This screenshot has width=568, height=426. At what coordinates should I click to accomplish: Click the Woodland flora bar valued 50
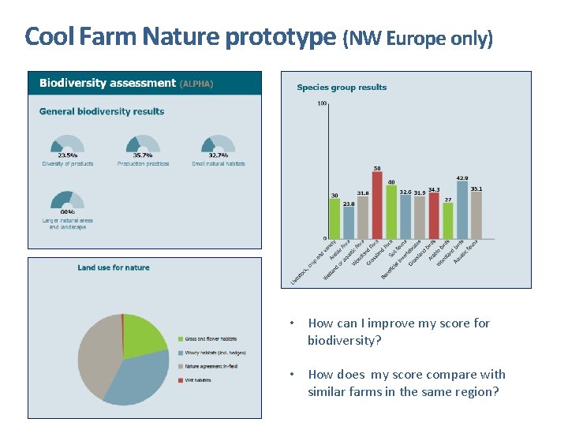click(377, 205)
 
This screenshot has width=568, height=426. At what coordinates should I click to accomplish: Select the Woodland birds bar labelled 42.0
click(462, 210)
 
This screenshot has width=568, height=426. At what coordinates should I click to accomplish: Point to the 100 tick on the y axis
click(322, 103)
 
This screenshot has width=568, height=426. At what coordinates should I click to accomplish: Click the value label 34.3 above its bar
click(434, 189)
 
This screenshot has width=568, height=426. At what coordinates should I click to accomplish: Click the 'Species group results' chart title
click(342, 88)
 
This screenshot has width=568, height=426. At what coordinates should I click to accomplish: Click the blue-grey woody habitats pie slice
click(138, 376)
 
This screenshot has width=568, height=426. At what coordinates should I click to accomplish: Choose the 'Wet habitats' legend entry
click(200, 380)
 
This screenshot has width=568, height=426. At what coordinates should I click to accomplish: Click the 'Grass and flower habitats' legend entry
click(211, 338)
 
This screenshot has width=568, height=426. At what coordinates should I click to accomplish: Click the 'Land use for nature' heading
click(113, 267)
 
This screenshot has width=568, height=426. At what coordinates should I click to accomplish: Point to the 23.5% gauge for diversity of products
click(67, 145)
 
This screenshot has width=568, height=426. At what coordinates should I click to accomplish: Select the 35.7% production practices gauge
click(143, 145)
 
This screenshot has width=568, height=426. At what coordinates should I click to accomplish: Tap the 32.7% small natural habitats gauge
click(219, 145)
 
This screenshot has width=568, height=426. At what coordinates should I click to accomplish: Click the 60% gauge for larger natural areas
click(67, 201)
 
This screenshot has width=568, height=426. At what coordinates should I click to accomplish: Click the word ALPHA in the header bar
click(196, 83)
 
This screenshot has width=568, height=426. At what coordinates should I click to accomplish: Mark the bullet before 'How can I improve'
click(292, 323)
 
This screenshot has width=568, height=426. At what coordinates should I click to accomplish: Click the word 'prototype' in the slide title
click(280, 36)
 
